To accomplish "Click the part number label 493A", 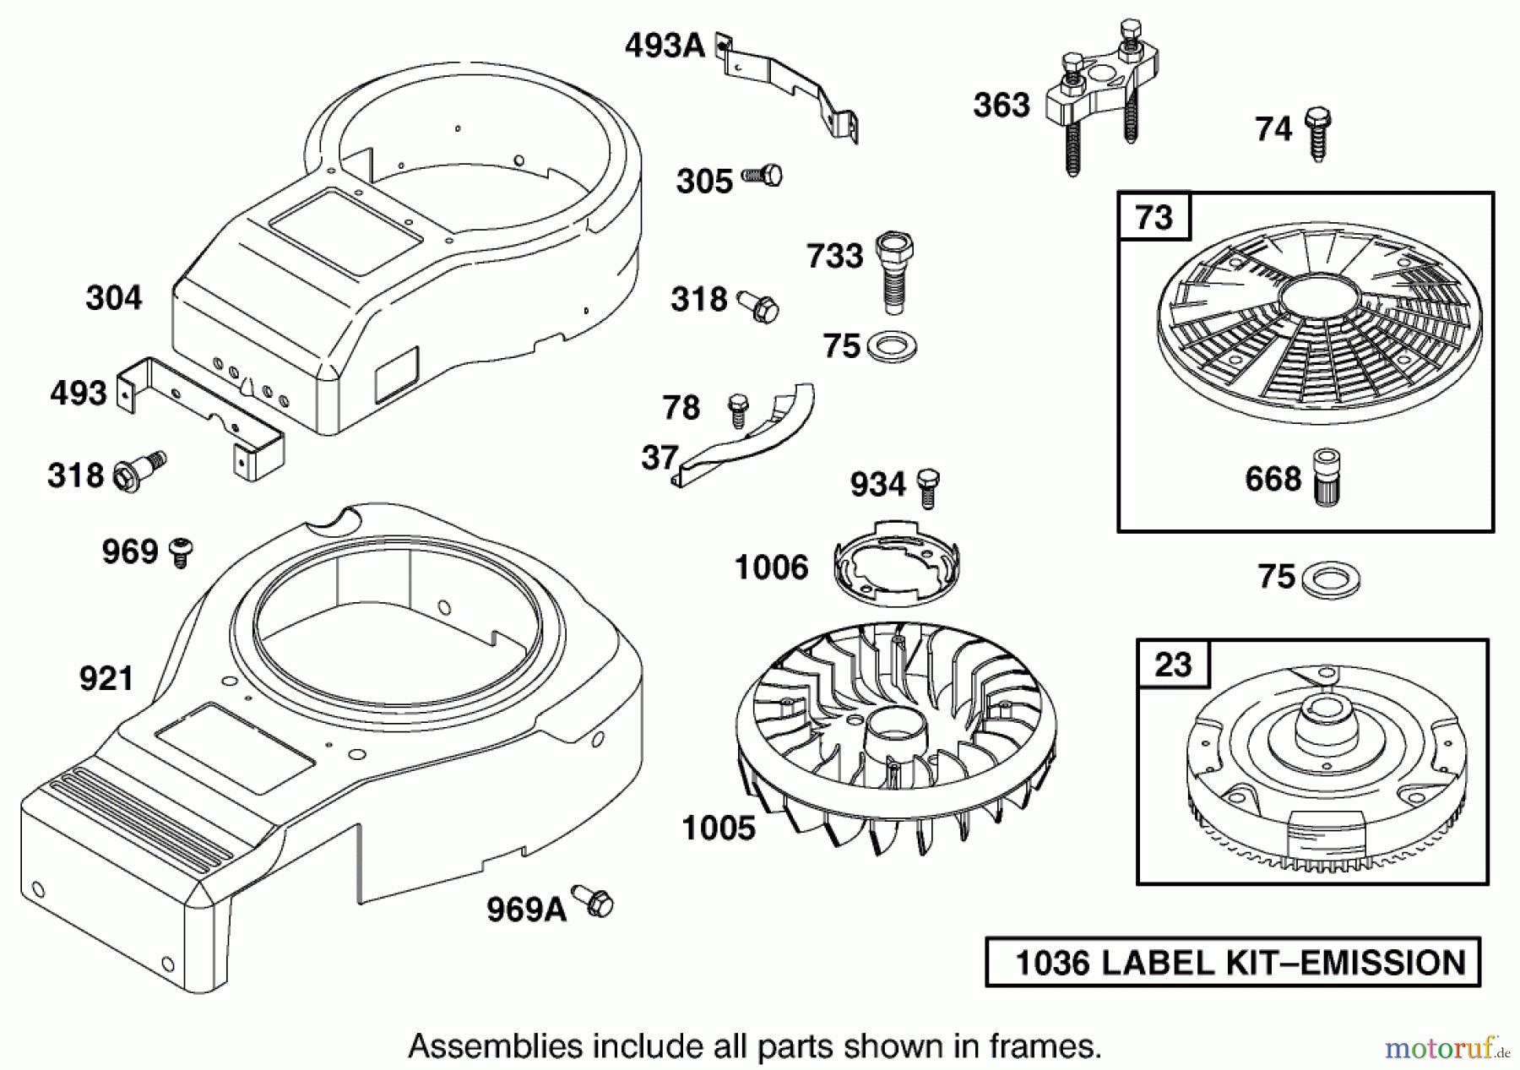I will coord(665,46).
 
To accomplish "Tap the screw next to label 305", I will coord(763,177).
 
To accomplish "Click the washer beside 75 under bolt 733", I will coord(893,346).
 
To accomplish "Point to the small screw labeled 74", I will coord(1316,133).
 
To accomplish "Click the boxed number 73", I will coord(1154,217).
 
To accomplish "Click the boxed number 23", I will coord(1173,664).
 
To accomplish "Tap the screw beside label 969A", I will coord(594,901).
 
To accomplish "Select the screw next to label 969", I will coord(181,552).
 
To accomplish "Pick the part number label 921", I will coord(106,678).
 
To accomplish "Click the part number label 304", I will coord(114,298).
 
